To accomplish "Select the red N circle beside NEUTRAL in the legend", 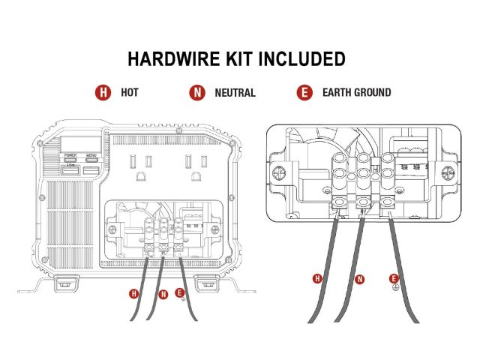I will point(197,93).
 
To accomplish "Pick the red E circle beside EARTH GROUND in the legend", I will point(304,93).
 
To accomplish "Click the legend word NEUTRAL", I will point(235,93).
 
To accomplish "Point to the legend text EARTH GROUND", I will point(356,93).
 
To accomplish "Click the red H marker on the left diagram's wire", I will point(133,292).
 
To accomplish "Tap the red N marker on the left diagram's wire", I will point(163,293).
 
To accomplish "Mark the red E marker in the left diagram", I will point(179,292).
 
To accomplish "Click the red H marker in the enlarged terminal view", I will point(317,279).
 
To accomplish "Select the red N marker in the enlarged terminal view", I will point(359,279).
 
